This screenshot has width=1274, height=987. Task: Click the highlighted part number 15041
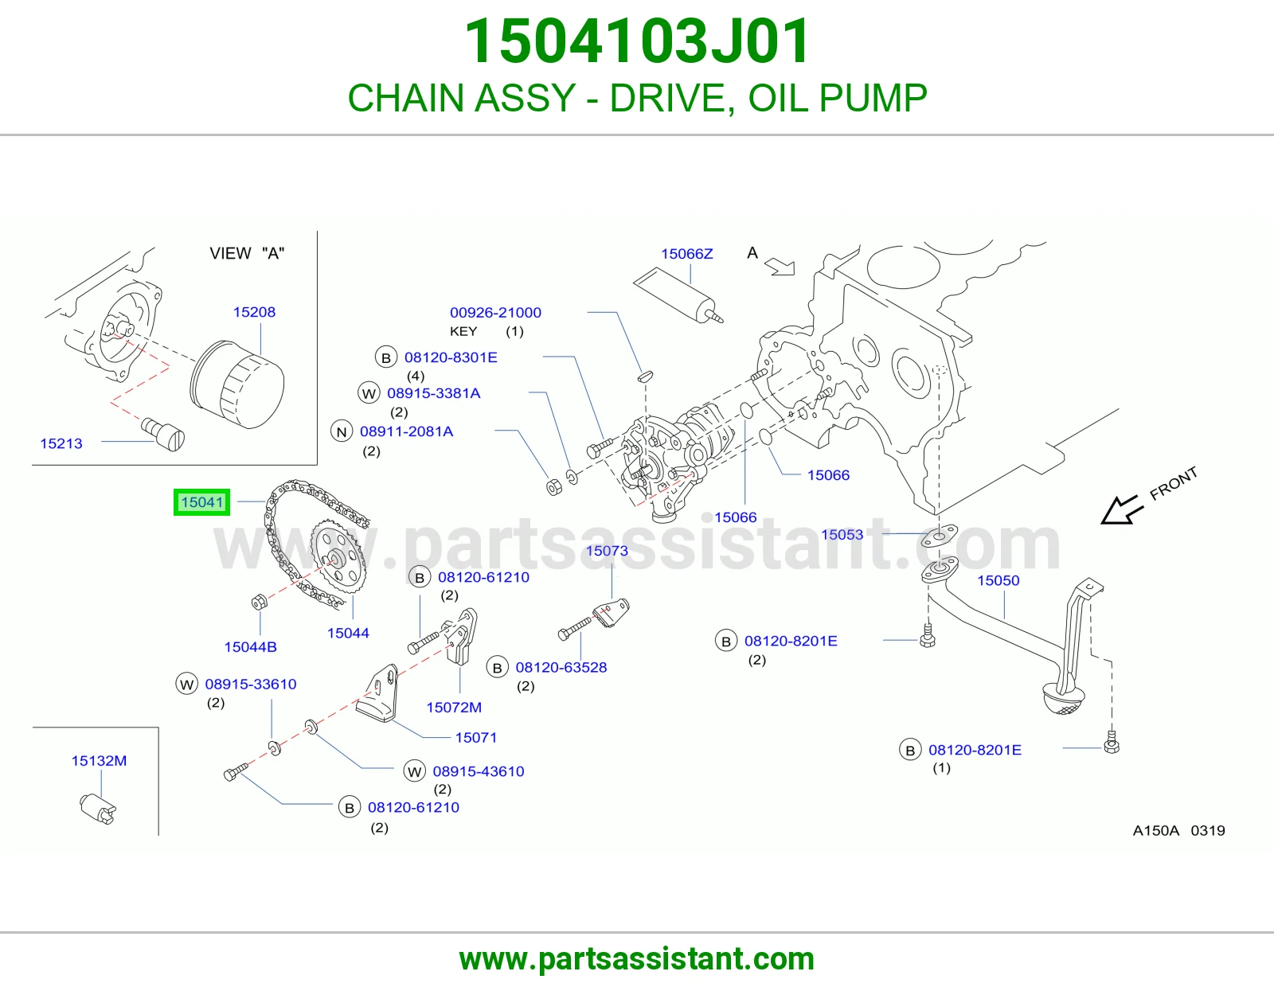pyautogui.click(x=201, y=502)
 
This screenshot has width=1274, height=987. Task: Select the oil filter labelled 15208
pyautogui.click(x=237, y=384)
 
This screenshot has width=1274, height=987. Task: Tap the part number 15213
pyautogui.click(x=61, y=443)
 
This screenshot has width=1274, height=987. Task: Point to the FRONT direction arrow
pyautogui.click(x=1122, y=510)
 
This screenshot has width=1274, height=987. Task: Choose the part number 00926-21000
pyautogui.click(x=495, y=312)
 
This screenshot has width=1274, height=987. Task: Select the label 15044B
pyautogui.click(x=250, y=647)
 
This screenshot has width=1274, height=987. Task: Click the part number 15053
pyautogui.click(x=842, y=535)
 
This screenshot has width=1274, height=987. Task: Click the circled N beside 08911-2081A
pyautogui.click(x=342, y=432)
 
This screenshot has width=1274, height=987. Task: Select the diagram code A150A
pyautogui.click(x=1155, y=830)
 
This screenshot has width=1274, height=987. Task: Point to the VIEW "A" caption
pyautogui.click(x=247, y=253)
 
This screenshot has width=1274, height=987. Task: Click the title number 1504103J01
pyautogui.click(x=637, y=41)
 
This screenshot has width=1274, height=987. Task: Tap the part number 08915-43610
pyautogui.click(x=479, y=771)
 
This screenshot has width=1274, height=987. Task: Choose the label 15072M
pyautogui.click(x=454, y=708)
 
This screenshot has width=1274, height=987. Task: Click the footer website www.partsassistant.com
pyautogui.click(x=637, y=959)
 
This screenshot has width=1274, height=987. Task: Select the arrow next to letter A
pyautogui.click(x=780, y=266)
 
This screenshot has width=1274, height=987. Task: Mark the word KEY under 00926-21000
pyautogui.click(x=463, y=332)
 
